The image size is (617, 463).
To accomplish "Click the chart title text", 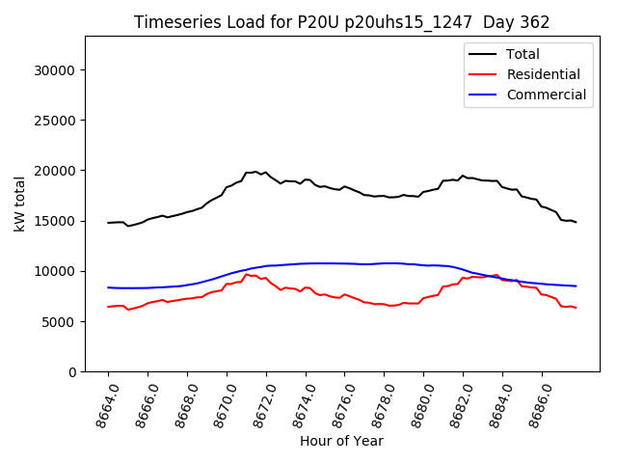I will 341,22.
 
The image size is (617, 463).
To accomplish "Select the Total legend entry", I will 523,54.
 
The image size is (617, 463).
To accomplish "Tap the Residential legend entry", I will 543,74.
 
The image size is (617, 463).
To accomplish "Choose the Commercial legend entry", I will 546,95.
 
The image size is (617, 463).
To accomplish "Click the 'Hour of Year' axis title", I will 341,441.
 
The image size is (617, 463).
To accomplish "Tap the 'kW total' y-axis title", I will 20,204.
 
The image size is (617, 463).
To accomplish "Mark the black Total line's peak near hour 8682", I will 463,176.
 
